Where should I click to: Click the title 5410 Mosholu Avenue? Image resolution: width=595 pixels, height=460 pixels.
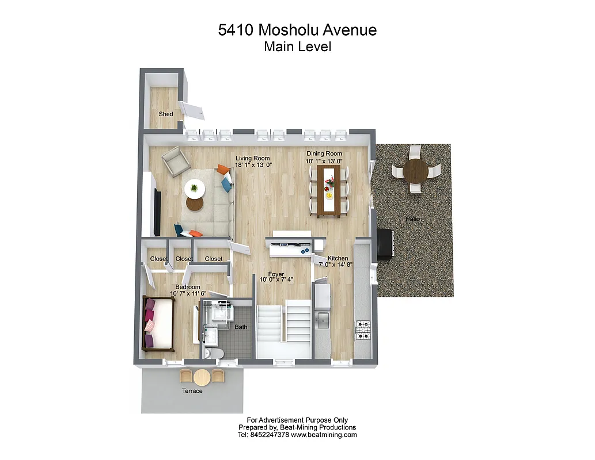click(x=297, y=30)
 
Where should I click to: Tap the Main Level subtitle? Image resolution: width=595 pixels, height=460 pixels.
click(x=297, y=47)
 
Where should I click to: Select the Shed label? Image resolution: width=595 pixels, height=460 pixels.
click(x=166, y=114)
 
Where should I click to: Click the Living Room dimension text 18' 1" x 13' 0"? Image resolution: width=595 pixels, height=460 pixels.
click(x=253, y=164)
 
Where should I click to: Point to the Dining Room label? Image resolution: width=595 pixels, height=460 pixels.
click(x=324, y=154)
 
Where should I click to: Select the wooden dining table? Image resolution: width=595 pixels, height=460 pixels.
click(x=329, y=191)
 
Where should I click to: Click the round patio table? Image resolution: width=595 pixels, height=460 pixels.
click(x=416, y=171)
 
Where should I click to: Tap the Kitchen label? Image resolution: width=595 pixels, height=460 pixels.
click(x=338, y=259)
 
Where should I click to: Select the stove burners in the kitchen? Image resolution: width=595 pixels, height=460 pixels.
click(x=364, y=331)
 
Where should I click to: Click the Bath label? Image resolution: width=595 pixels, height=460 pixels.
click(x=241, y=327)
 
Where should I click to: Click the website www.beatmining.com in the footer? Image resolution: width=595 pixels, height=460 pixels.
click(x=324, y=435)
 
